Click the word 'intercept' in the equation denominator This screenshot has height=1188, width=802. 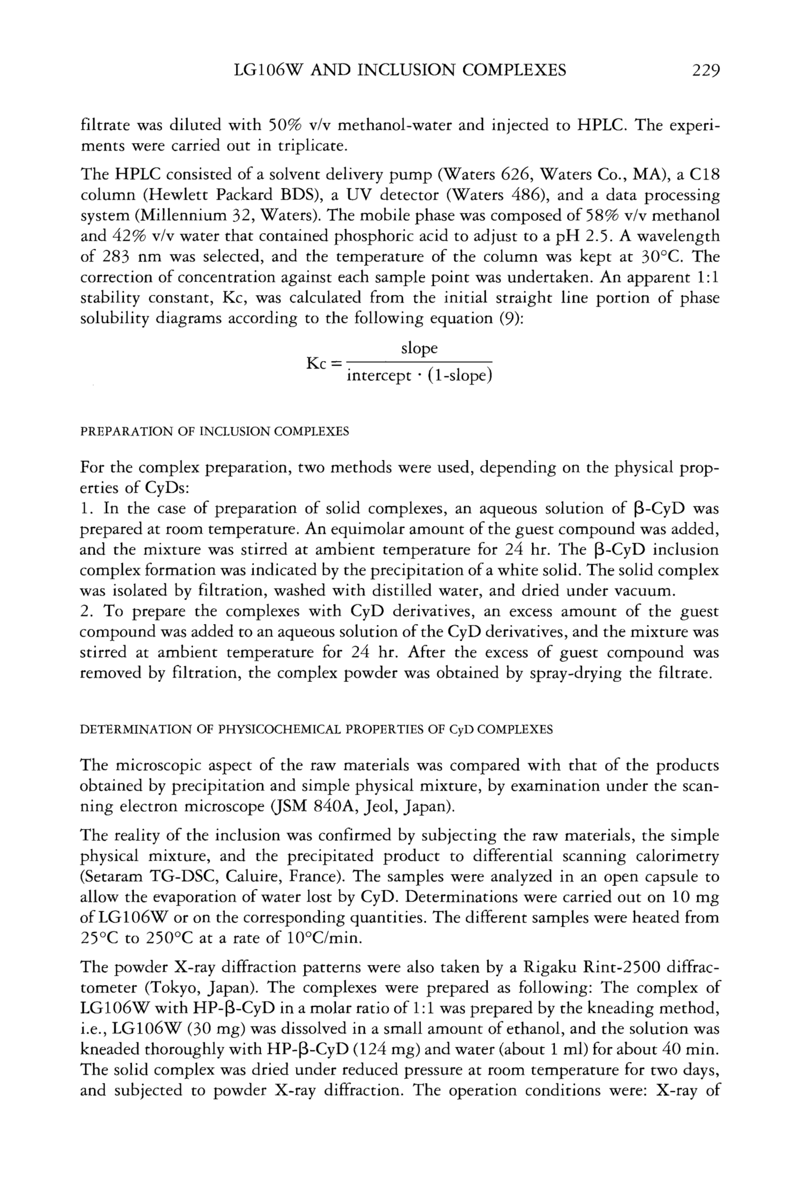point(378,377)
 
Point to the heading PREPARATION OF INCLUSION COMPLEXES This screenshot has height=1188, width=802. point(215,431)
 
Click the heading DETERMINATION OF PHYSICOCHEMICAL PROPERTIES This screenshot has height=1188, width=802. point(316,730)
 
